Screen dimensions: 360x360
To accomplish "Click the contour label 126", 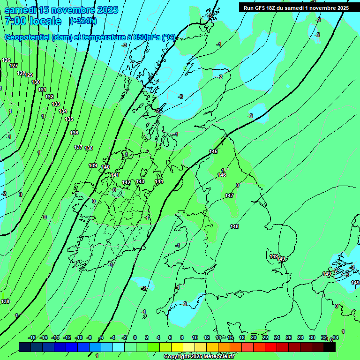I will click(x=6, y=60).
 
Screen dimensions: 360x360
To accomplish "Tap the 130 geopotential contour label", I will click(x=36, y=82).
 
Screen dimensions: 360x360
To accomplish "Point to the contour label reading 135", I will click(x=69, y=119).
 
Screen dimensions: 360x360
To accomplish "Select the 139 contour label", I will click(x=93, y=165).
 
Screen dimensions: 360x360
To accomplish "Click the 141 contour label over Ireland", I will click(x=115, y=175).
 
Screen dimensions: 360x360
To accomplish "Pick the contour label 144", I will click(x=159, y=181).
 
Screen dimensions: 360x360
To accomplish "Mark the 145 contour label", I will click(x=213, y=151).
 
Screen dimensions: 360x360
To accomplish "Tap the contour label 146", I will click(x=222, y=175).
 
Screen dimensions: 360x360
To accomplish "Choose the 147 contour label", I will click(x=229, y=195).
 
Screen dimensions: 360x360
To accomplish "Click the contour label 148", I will click(x=234, y=226).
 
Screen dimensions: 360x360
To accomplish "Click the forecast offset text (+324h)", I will click(x=83, y=21).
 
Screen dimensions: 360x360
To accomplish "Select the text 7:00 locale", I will click(x=33, y=21).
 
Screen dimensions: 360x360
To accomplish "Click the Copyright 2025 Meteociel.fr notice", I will click(x=199, y=356).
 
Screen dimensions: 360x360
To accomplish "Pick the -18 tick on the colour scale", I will click(x=32, y=337).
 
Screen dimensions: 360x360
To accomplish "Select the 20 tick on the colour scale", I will click(x=253, y=337).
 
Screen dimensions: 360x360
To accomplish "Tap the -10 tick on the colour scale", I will click(x=79, y=337).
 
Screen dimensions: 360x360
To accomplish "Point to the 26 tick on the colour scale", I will click(x=288, y=337).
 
